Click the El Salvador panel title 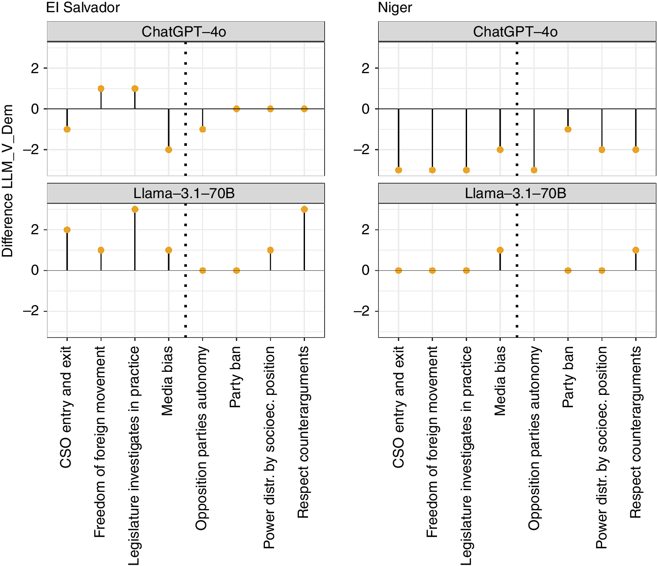point(83,7)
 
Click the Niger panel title point(395,7)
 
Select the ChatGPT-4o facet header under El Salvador point(186,32)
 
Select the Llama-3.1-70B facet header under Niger point(517,193)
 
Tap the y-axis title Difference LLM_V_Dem point(7,181)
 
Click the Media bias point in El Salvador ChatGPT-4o point(169,150)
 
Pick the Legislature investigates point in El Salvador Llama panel point(135,209)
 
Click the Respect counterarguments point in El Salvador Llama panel point(304,209)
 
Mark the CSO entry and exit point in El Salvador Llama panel point(67,230)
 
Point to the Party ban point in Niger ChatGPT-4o point(568,129)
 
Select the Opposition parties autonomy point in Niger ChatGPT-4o point(534,170)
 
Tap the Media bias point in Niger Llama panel point(500,250)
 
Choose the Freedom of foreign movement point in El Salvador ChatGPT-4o point(101,89)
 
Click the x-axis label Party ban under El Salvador point(235,377)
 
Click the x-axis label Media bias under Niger point(500,381)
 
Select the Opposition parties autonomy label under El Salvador point(201,438)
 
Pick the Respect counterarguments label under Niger point(635,432)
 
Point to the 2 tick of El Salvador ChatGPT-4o point(35,68)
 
